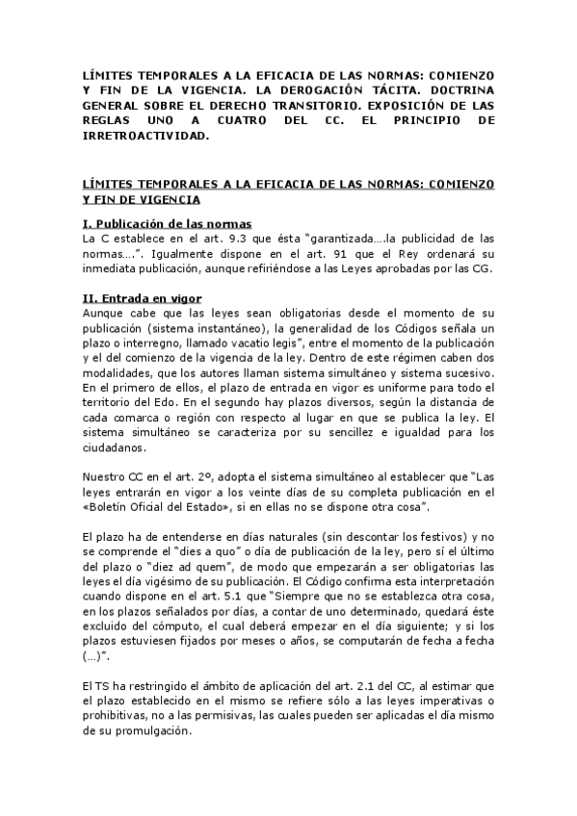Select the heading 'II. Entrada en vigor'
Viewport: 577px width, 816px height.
pyautogui.click(x=142, y=298)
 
